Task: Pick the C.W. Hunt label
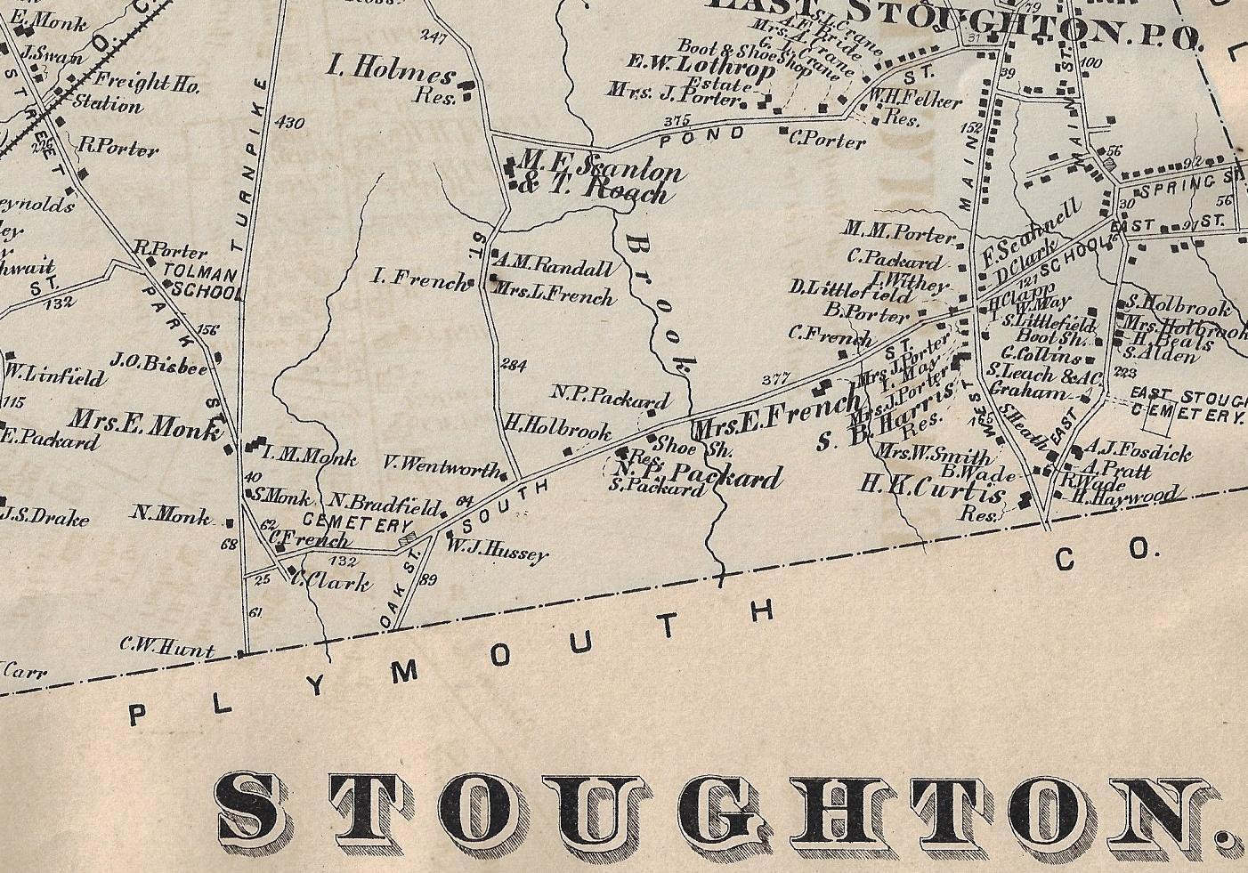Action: [x=167, y=650]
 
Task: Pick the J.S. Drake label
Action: [x=45, y=515]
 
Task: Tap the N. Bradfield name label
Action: [x=386, y=503]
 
